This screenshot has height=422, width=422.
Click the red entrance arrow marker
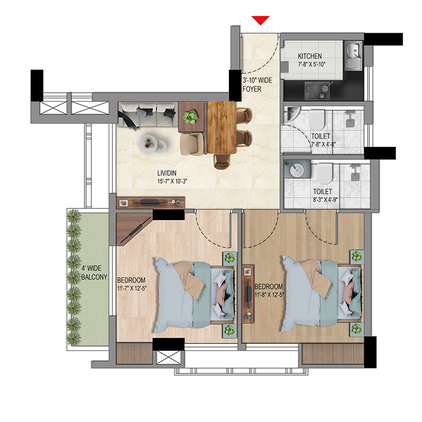pyautogui.click(x=261, y=20)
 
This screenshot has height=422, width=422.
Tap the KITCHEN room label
pyautogui.click(x=310, y=56)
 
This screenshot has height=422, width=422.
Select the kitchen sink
pyautogui.click(x=353, y=55)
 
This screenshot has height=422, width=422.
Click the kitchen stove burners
pyautogui.click(x=317, y=91)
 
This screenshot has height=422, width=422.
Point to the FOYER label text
pyautogui.click(x=252, y=89)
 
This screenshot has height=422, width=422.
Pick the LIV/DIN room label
pyautogui.click(x=167, y=173)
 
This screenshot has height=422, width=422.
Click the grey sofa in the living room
pyautogui.click(x=148, y=114)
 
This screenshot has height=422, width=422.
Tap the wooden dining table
pyautogui.click(x=222, y=128)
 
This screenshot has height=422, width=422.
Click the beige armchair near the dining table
pyautogui.click(x=192, y=144)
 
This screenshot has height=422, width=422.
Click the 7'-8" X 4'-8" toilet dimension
pyautogui.click(x=323, y=144)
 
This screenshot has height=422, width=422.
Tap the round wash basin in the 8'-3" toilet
pyautogui.click(x=296, y=170)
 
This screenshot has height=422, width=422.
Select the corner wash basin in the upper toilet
pyautogui.click(x=291, y=113)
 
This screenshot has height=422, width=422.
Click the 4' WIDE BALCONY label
pyautogui.click(x=94, y=273)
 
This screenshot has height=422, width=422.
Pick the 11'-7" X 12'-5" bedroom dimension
pyautogui.click(x=132, y=289)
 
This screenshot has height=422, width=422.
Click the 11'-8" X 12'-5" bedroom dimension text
pyautogui.click(x=269, y=295)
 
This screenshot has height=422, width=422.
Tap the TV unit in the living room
pyautogui.click(x=150, y=203)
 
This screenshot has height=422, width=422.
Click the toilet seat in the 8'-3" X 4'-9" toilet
pyautogui.click(x=325, y=174)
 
